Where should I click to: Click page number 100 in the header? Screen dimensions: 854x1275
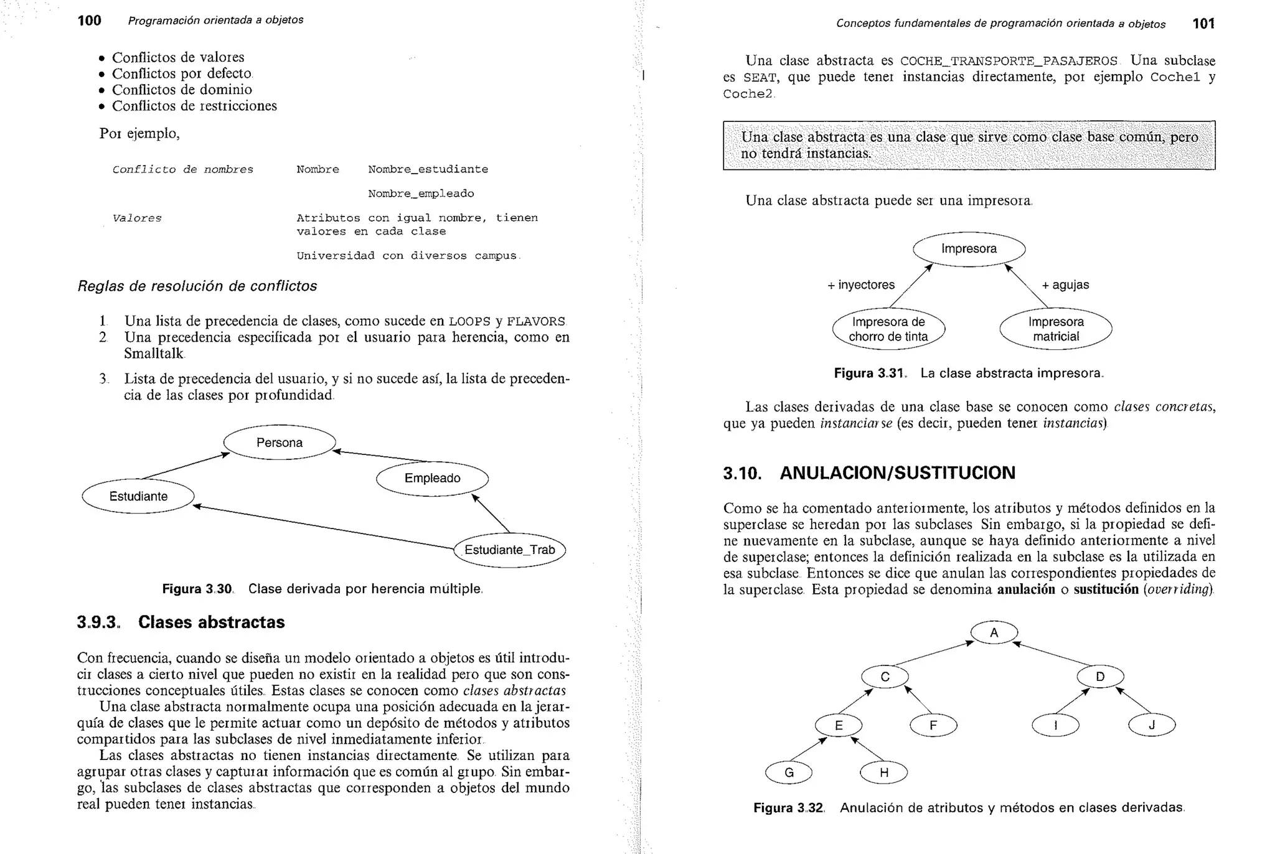89,21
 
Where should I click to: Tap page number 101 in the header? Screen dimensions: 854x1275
1203,24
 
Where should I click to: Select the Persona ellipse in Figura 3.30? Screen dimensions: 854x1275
280,443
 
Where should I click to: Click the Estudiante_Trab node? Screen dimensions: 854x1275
509,550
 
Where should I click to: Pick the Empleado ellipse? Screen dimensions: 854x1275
432,478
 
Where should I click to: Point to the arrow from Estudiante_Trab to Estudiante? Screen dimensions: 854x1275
324,528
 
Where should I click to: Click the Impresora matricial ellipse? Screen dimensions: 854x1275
1055,329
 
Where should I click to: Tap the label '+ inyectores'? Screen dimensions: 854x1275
860,285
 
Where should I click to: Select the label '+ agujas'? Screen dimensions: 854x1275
1065,285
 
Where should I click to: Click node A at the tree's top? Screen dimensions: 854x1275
994,632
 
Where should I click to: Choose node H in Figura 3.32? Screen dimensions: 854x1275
883,772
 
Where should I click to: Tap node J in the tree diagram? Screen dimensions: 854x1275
1151,725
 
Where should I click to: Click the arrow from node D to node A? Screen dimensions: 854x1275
1052,654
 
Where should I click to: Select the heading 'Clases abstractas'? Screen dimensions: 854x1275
211,622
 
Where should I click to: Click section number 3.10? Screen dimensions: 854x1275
742,473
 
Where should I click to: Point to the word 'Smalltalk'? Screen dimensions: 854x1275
154,354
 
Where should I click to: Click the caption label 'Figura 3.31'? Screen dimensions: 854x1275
868,373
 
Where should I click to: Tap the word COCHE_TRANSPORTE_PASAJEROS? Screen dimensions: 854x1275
1009,61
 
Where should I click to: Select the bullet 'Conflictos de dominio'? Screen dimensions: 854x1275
182,90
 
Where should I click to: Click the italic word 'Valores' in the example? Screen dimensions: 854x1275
137,218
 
